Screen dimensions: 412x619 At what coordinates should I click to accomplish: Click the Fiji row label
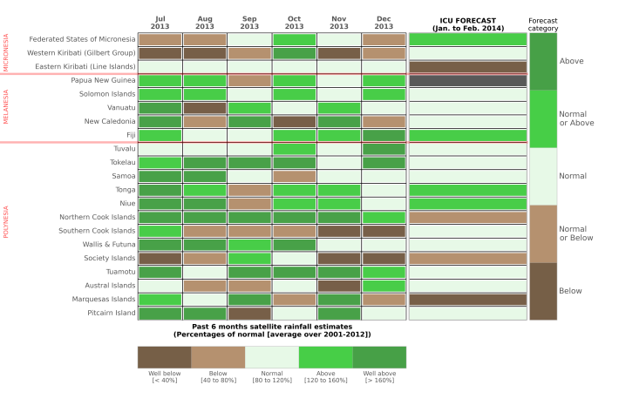click(130, 135)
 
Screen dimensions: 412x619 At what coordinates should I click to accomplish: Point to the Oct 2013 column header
click(294, 22)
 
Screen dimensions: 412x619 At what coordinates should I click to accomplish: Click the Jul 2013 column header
click(160, 22)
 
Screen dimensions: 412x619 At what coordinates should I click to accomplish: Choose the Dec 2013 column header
click(384, 22)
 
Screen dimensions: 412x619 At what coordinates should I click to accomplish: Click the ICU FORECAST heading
click(467, 22)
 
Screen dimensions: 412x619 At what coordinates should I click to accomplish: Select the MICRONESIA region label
click(6, 53)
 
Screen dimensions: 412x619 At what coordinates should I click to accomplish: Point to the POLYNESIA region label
click(6, 223)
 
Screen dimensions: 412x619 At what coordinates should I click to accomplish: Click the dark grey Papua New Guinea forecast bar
click(467, 80)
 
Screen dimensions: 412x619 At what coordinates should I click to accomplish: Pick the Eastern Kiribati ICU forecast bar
click(467, 67)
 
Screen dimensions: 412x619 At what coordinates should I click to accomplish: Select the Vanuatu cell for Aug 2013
click(204, 108)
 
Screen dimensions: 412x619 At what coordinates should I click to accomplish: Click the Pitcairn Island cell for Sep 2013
click(249, 313)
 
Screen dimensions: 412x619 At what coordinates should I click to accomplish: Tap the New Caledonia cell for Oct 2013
click(294, 121)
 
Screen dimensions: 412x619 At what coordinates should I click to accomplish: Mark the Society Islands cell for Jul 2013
click(160, 258)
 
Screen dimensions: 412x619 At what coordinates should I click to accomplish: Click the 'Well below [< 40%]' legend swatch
click(164, 357)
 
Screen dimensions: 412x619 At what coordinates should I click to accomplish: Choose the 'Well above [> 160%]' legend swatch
click(379, 357)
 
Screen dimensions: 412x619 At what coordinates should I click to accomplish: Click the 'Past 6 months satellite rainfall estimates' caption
click(271, 329)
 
